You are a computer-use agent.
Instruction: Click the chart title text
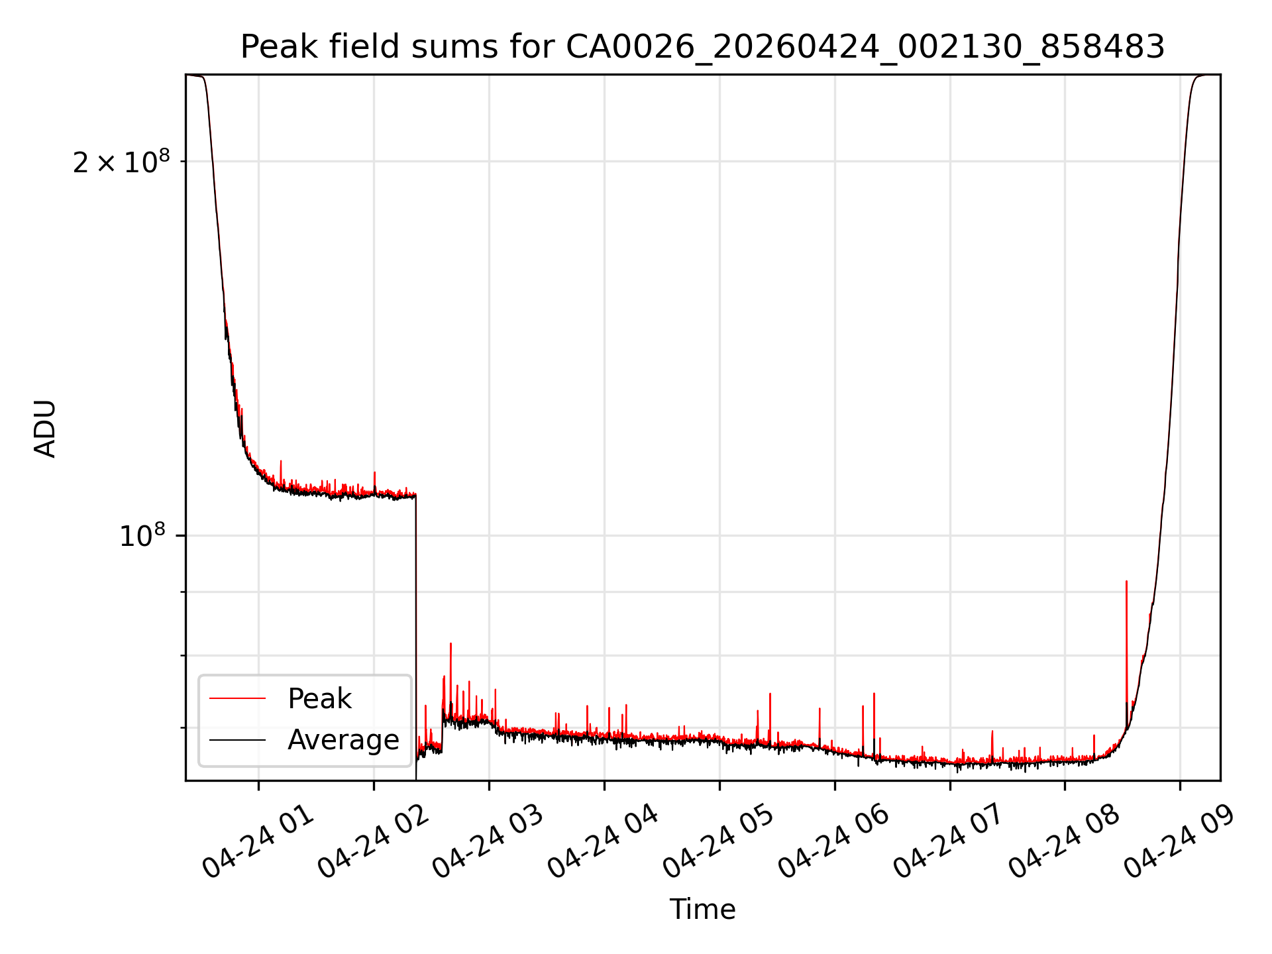pyautogui.click(x=702, y=47)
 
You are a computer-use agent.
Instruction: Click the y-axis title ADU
pyautogui.click(x=45, y=428)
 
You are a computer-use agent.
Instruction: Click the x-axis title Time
pyautogui.click(x=702, y=909)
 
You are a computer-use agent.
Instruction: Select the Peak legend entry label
pyautogui.click(x=319, y=699)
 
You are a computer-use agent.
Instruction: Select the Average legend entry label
pyautogui.click(x=343, y=739)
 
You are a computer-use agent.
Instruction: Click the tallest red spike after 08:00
pyautogui.click(x=1126, y=582)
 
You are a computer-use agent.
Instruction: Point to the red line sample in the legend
pyautogui.click(x=237, y=698)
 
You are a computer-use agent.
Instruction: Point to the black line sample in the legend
pyautogui.click(x=237, y=739)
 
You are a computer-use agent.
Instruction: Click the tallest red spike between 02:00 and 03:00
pyautogui.click(x=450, y=644)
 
